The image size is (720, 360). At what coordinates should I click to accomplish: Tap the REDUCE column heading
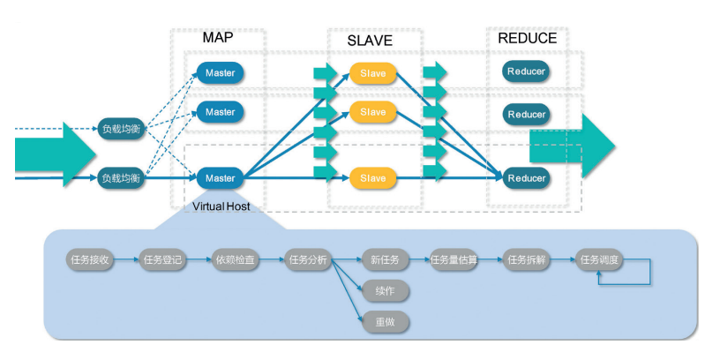pyautogui.click(x=527, y=39)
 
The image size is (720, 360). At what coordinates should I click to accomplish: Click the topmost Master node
pyautogui.click(x=220, y=73)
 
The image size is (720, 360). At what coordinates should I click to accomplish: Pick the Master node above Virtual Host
pyautogui.click(x=220, y=178)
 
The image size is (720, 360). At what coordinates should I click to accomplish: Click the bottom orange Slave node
pyautogui.click(x=372, y=178)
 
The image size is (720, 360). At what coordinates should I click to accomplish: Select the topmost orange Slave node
pyautogui.click(x=372, y=73)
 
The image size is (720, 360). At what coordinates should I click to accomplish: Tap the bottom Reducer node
pyautogui.click(x=526, y=178)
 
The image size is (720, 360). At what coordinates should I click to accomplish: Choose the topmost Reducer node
pyautogui.click(x=526, y=71)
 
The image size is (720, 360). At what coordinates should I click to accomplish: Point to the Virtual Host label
pyautogui.click(x=221, y=206)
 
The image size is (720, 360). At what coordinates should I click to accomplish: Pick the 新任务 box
pyautogui.click(x=385, y=260)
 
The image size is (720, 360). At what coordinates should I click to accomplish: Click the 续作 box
pyautogui.click(x=385, y=291)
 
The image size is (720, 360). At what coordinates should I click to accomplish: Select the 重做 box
pyautogui.click(x=385, y=322)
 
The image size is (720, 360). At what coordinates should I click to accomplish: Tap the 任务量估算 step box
pyautogui.click(x=456, y=260)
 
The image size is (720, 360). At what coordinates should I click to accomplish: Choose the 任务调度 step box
pyautogui.click(x=600, y=260)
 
